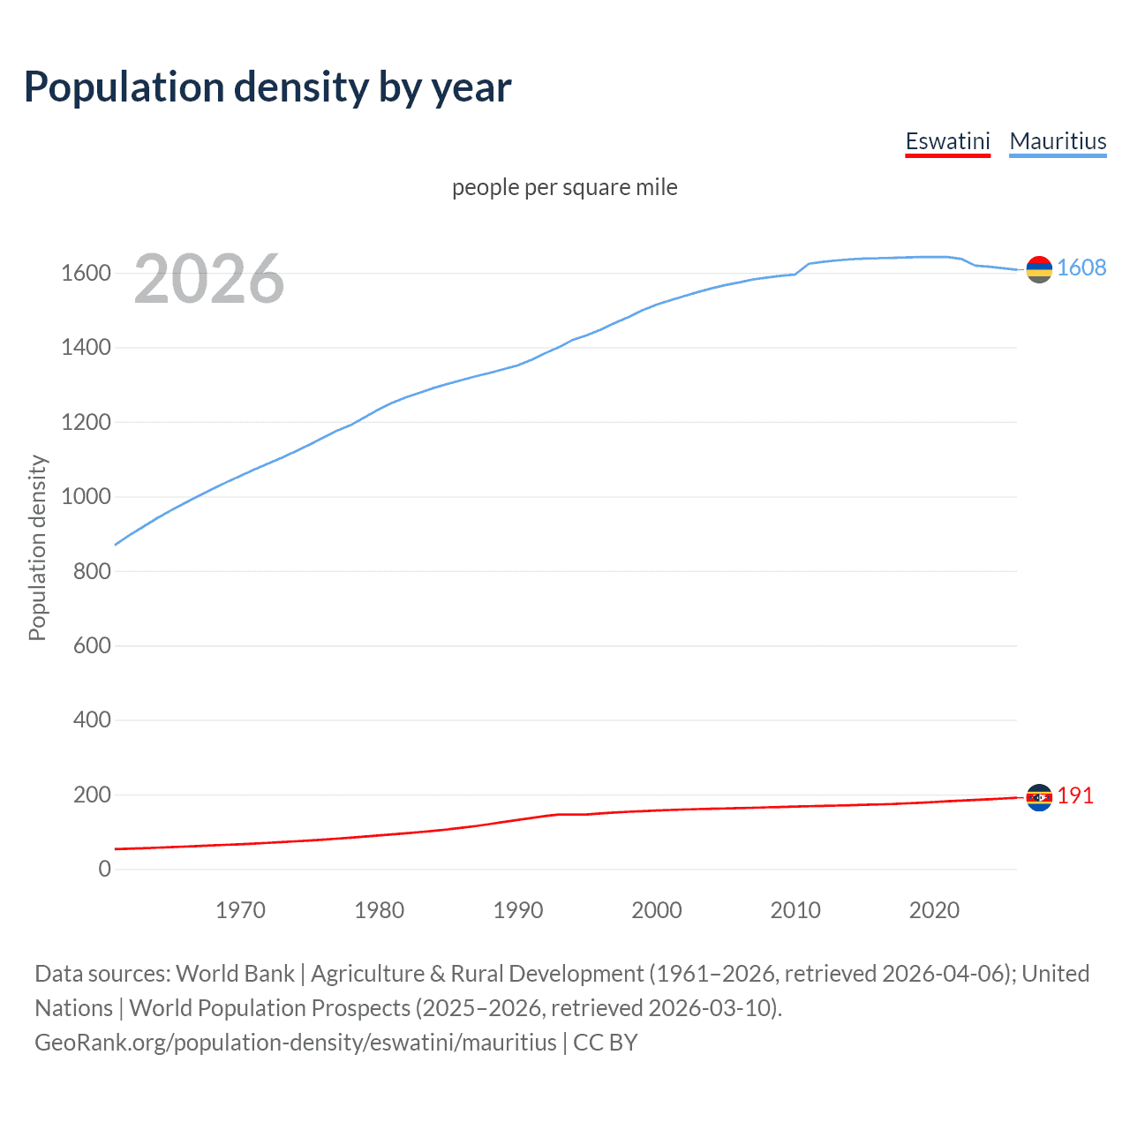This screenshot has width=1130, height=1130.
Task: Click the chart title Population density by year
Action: pos(267,87)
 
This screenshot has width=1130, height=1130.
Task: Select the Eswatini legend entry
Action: pos(947,141)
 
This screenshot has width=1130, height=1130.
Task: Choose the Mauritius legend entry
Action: pos(1058,141)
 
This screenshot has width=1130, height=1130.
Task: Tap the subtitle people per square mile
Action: pos(564,187)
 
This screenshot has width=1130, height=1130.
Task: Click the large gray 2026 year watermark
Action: pos(209,279)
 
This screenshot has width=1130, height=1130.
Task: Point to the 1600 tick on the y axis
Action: pos(86,273)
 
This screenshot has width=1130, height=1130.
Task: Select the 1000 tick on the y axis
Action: pos(86,496)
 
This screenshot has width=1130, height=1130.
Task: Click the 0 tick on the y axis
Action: pos(105,869)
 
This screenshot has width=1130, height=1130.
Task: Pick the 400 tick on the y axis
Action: pos(92,719)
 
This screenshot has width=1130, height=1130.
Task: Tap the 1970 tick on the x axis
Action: pos(240,910)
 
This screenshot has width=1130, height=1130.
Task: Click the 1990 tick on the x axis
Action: pos(518,910)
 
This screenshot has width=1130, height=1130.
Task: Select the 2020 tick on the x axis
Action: pos(934,910)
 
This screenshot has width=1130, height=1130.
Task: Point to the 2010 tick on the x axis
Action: pos(795,910)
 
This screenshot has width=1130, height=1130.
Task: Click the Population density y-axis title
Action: pos(37,547)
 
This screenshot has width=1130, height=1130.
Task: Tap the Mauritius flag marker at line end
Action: pos(1039,269)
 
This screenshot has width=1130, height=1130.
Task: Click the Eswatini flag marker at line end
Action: pos(1039,797)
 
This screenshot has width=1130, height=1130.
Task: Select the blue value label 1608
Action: pos(1081,267)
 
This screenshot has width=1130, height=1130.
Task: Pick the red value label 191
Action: pos(1075,795)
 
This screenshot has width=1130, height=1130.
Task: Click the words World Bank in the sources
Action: pos(235,973)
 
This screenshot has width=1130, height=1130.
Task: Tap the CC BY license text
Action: pos(606,1042)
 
